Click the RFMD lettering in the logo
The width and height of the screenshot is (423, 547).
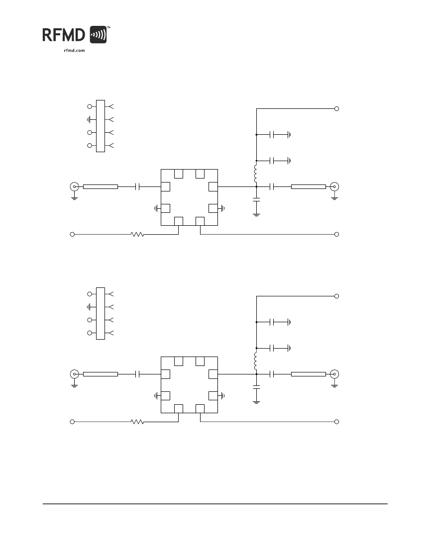point(64,35)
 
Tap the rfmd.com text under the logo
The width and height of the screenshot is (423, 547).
point(74,50)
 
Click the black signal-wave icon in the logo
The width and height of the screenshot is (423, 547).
point(98,34)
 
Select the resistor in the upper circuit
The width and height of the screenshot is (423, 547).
point(137,234)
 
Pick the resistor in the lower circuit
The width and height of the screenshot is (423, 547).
point(137,422)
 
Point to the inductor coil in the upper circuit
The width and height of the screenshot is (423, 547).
point(256,173)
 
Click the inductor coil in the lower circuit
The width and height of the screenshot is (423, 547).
point(256,361)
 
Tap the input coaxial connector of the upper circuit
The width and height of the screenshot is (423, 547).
point(74,186)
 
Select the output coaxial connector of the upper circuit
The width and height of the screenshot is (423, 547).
point(334,186)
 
